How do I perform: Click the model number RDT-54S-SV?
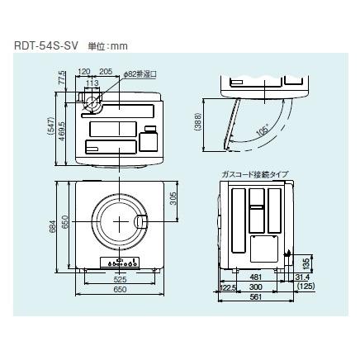click(50, 47)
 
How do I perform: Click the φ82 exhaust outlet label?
click(140, 73)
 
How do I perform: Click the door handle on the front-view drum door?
click(143, 222)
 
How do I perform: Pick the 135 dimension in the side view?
click(307, 262)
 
